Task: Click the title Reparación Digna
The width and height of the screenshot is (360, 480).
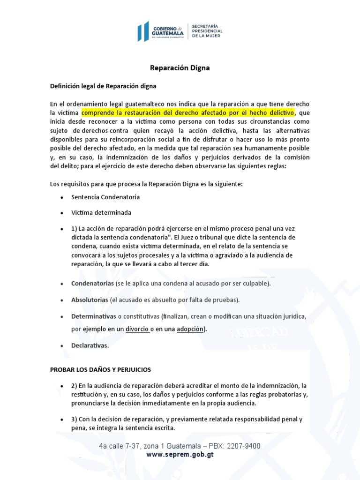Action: pos(180,68)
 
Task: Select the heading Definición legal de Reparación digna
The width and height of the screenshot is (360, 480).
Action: pos(103,86)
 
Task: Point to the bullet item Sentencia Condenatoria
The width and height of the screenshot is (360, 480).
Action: pos(105,197)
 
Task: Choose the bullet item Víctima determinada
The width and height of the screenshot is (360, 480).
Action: pos(101,212)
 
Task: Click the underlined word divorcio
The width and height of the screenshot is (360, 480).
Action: pos(137,329)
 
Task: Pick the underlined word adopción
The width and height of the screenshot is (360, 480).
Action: pos(190,329)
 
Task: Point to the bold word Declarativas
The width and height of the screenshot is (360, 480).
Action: pos(90,345)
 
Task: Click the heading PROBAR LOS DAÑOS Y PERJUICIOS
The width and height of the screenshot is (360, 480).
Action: pos(100,370)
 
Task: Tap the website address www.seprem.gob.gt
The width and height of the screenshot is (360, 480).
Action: pos(180,455)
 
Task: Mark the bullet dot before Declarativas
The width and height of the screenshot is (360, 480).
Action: pos(62,346)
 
